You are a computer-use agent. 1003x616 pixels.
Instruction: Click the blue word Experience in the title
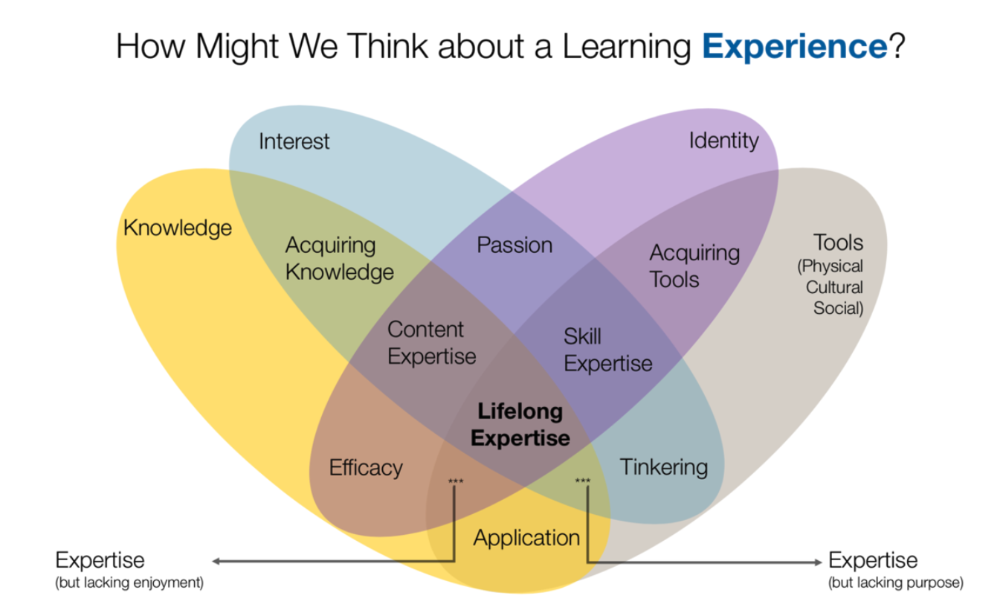(x=795, y=47)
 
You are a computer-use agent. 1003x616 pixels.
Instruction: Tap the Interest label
(x=294, y=141)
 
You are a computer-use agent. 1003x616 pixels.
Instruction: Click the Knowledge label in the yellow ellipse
(x=178, y=228)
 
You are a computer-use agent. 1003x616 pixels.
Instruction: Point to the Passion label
(x=515, y=246)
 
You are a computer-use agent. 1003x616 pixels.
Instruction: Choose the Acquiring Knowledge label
(x=339, y=259)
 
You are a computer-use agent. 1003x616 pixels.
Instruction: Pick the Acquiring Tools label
(x=694, y=266)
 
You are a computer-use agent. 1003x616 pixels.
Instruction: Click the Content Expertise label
(x=432, y=343)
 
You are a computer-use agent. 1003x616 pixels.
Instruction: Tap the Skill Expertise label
(x=607, y=350)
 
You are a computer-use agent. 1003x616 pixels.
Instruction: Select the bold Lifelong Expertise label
(x=520, y=424)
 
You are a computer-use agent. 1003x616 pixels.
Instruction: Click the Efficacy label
(x=366, y=468)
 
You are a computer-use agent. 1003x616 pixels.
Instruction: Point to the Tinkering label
(x=664, y=468)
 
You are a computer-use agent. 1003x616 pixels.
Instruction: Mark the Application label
(x=526, y=539)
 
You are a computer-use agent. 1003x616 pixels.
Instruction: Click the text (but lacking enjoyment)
(x=129, y=583)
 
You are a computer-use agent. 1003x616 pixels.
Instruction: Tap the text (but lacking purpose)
(x=895, y=583)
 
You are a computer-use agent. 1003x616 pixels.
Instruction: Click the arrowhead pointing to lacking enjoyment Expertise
(x=216, y=561)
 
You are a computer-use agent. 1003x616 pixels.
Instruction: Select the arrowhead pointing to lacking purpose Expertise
(x=818, y=562)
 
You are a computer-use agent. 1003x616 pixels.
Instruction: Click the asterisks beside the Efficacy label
(x=456, y=481)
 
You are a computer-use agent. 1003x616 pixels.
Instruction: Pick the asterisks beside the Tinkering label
(x=583, y=481)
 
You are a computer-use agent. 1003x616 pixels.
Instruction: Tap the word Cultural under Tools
(x=834, y=287)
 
